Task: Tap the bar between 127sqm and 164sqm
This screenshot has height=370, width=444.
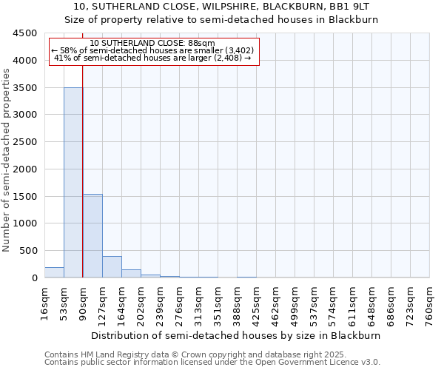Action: (x=112, y=267)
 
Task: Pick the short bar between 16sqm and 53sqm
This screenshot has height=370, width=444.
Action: (x=54, y=272)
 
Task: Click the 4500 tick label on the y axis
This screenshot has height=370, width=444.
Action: (x=24, y=33)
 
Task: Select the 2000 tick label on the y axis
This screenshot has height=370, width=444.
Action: (x=24, y=169)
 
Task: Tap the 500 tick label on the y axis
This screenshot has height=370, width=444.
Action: (x=27, y=251)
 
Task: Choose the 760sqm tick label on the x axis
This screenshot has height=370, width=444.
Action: (x=430, y=303)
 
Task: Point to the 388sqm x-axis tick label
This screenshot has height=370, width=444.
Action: (x=238, y=303)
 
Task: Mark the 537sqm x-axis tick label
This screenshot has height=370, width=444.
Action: (x=314, y=303)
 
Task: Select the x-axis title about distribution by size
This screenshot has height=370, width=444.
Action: (x=236, y=335)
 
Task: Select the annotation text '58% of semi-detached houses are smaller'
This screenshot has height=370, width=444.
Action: (x=153, y=51)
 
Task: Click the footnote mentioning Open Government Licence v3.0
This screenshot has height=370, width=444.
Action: (x=212, y=363)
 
